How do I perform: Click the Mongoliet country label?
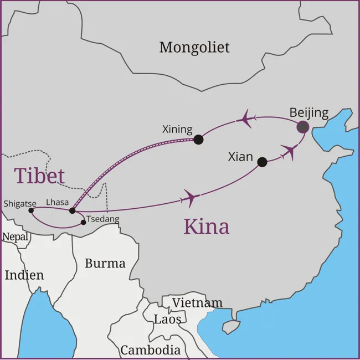(194, 48)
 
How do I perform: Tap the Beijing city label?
(308, 113)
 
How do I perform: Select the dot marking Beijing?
(302, 127)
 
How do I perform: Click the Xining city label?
(177, 130)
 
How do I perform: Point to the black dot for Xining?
(198, 140)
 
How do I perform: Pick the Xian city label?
(240, 157)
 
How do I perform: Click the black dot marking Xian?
(262, 162)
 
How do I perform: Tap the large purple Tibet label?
(39, 176)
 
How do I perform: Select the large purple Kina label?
(206, 227)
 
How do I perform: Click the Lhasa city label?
(58, 203)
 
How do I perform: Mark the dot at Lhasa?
(72, 210)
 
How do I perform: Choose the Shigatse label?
(19, 203)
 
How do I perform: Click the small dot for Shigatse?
(31, 210)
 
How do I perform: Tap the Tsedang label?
(102, 219)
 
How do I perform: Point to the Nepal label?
(15, 237)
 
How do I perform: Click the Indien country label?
(24, 275)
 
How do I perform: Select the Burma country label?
(105, 263)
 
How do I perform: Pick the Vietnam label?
(197, 303)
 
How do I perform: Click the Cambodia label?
(150, 350)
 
